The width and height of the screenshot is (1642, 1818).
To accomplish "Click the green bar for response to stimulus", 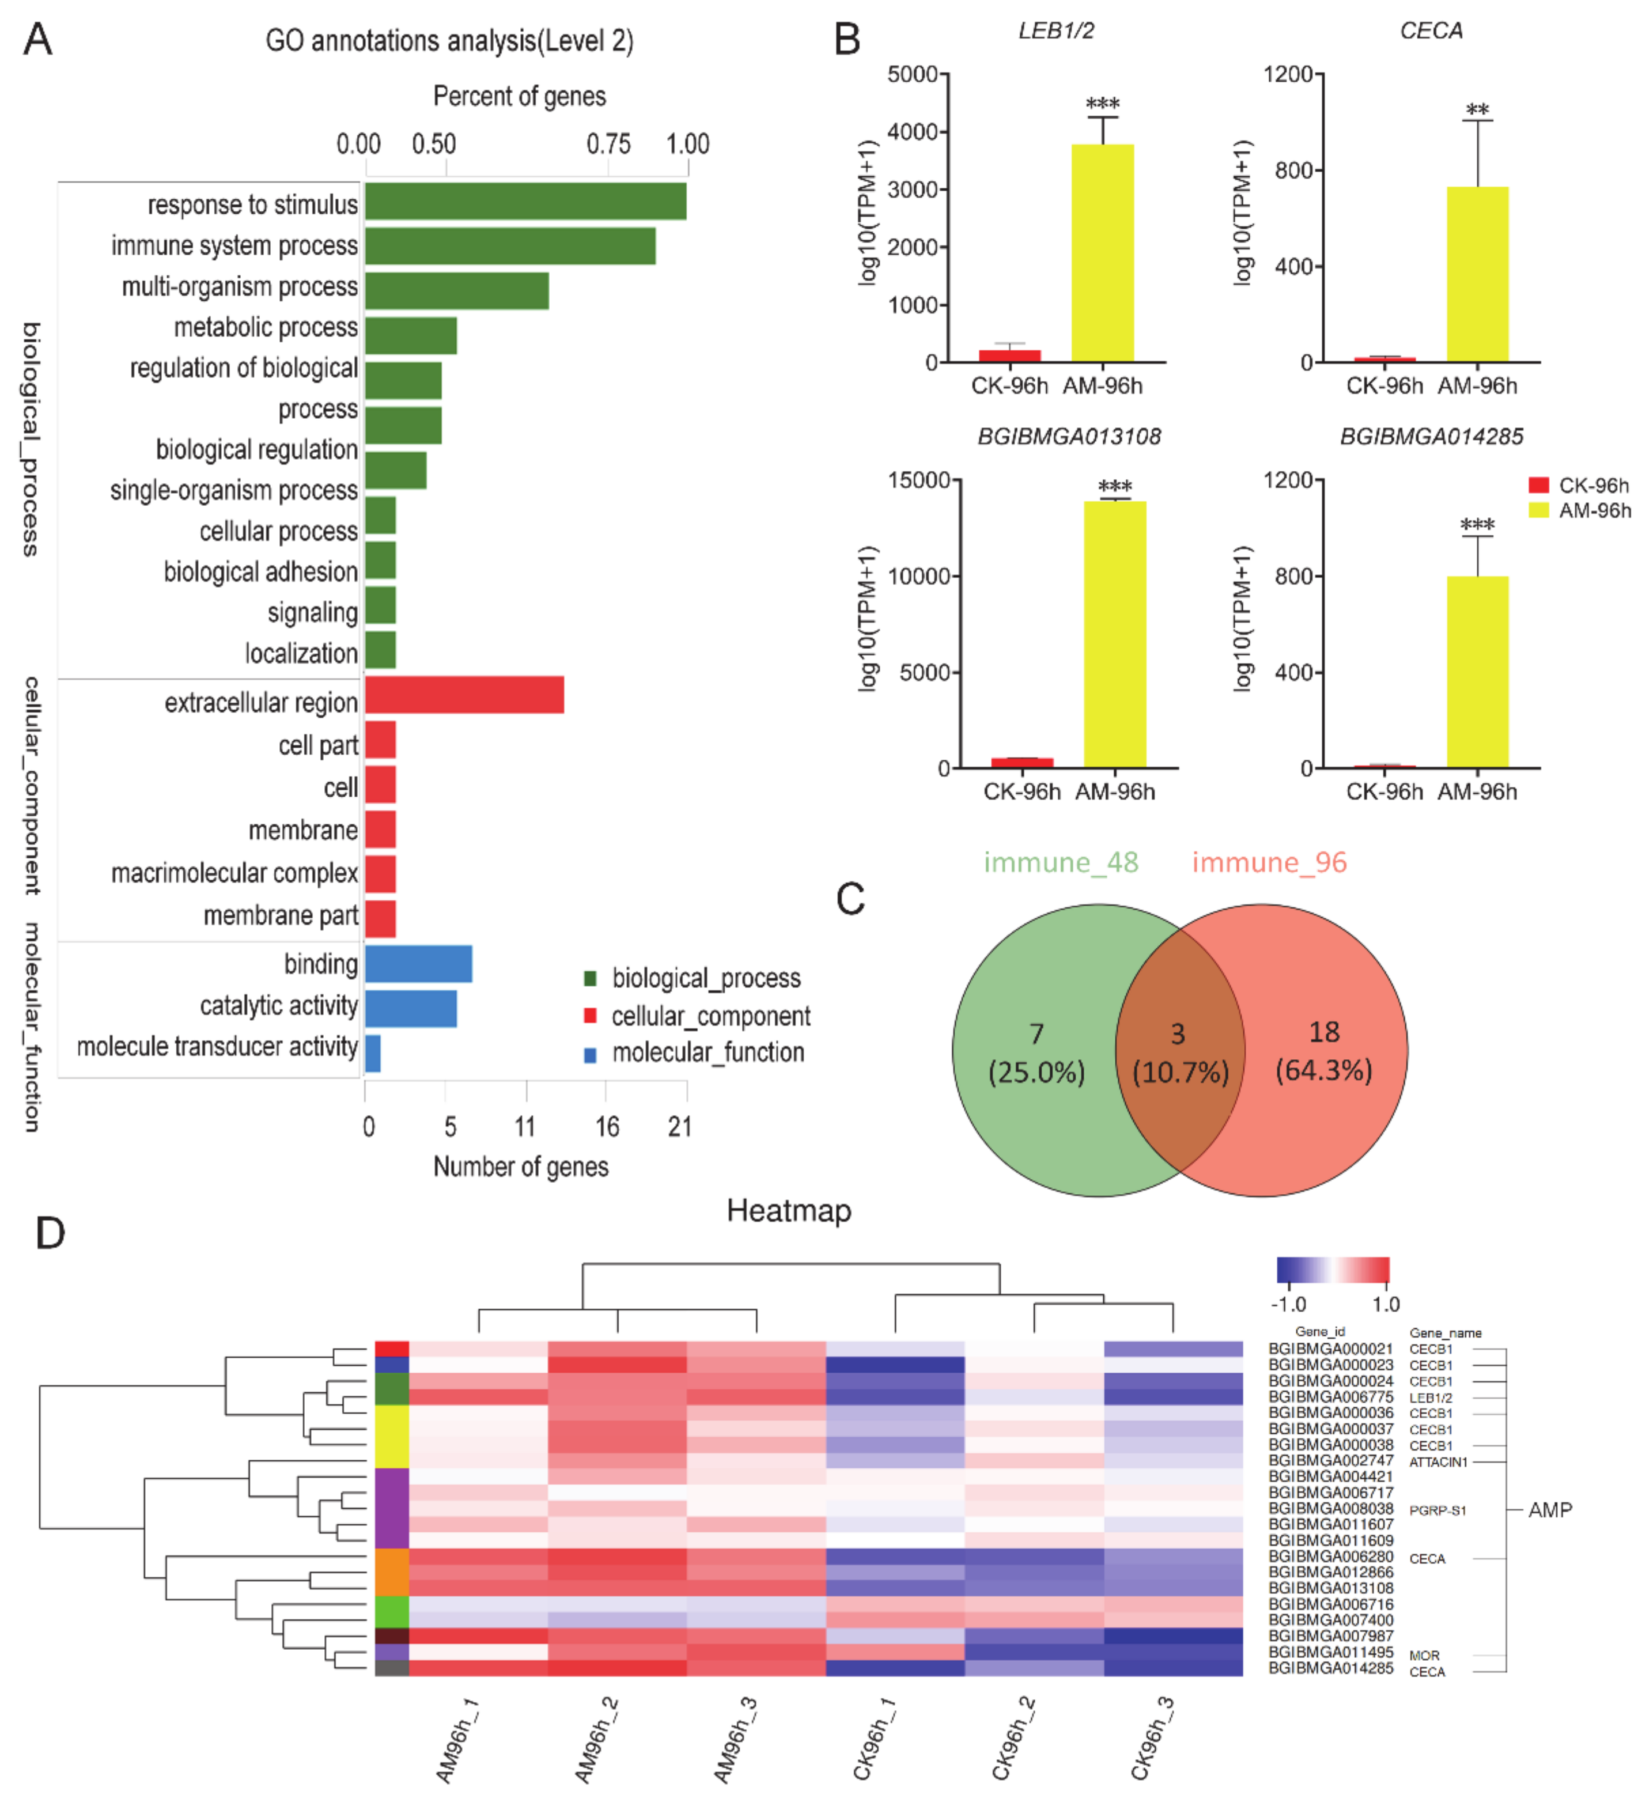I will [x=525, y=201].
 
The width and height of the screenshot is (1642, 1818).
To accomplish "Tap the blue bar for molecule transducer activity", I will [x=372, y=1052].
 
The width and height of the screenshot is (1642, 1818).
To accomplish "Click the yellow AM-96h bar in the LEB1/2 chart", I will [x=1102, y=252].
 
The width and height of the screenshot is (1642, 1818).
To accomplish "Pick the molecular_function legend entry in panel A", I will [x=707, y=1052].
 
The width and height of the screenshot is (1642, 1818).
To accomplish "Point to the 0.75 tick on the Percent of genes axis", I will [x=608, y=144].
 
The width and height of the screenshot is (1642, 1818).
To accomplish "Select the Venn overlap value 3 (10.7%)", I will [x=1179, y=1052].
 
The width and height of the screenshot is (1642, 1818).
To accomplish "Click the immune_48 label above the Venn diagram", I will [x=1061, y=862].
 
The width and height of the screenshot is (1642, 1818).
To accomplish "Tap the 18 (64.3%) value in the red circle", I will [x=1323, y=1051].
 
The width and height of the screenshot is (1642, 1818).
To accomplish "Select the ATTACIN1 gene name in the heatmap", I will [x=1437, y=1462].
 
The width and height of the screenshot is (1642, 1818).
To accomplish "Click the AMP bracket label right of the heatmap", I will [x=1549, y=1510].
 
